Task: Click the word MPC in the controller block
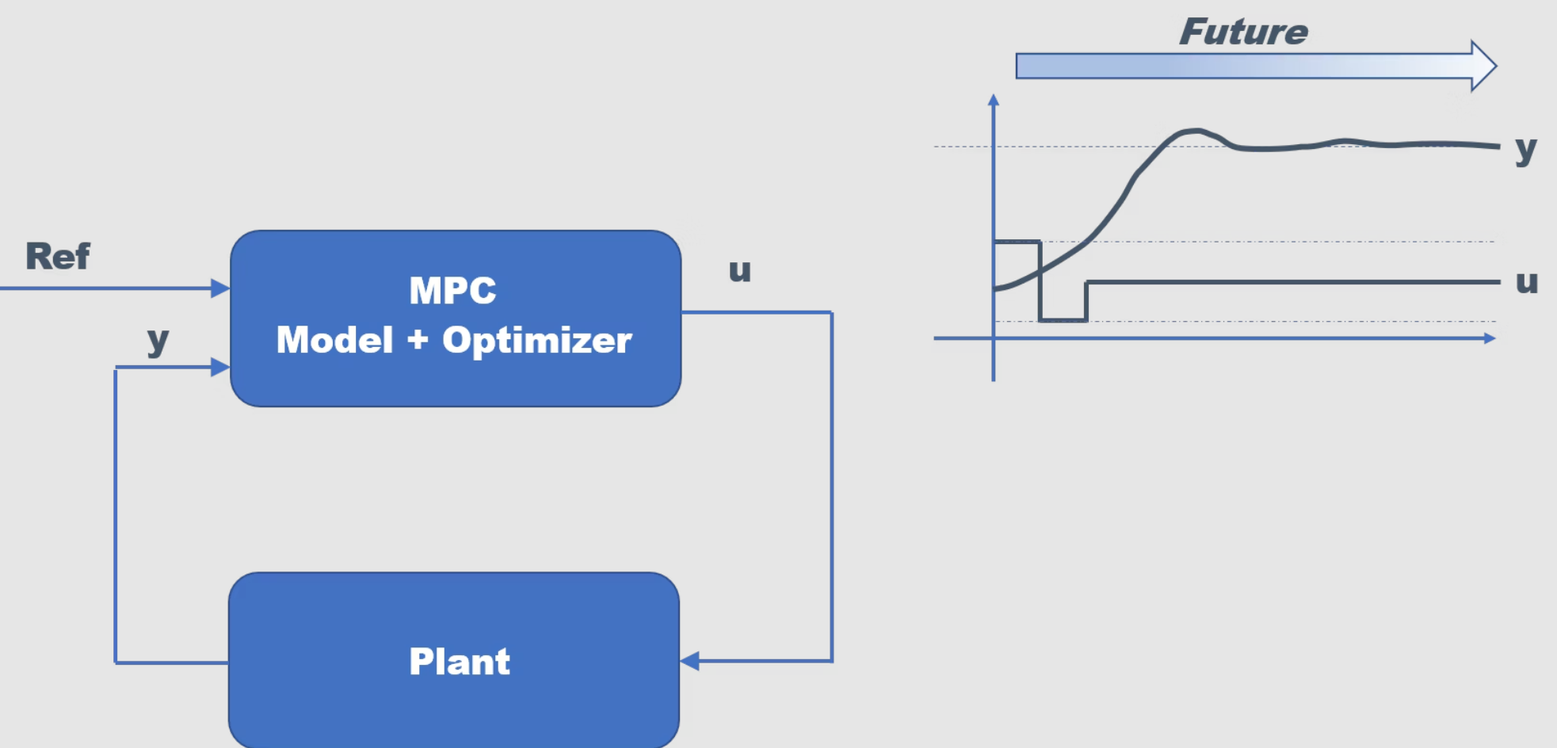click(452, 291)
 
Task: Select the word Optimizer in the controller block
click(537, 341)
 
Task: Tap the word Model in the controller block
click(334, 341)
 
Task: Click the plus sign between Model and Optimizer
click(418, 340)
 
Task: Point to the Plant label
click(460, 662)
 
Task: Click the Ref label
click(58, 257)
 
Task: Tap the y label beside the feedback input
click(158, 341)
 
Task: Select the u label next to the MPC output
click(740, 271)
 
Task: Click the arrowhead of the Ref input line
click(221, 288)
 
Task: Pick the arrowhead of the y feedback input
click(221, 367)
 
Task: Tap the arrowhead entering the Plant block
click(690, 661)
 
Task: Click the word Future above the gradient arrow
click(1243, 32)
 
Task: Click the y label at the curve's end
click(1526, 149)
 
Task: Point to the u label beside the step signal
click(1527, 282)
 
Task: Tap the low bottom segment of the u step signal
click(1063, 320)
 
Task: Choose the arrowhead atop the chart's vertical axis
click(994, 101)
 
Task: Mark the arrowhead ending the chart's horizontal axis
click(1490, 338)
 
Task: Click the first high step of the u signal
click(1017, 242)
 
